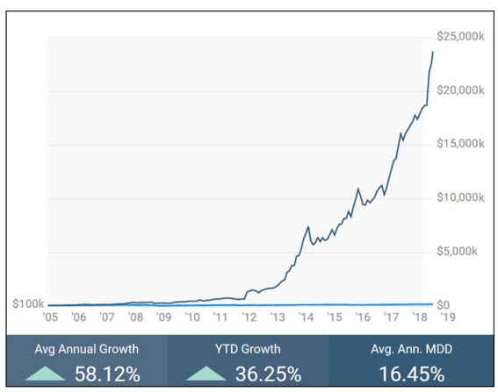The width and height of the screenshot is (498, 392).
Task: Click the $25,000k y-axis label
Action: (460, 37)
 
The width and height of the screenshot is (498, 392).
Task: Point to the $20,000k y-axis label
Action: (460, 90)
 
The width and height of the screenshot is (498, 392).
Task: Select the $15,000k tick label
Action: (460, 144)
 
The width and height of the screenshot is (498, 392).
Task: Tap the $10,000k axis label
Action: (460, 197)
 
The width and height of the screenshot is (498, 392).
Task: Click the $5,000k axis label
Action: (457, 251)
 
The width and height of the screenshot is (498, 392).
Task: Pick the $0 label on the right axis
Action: (443, 305)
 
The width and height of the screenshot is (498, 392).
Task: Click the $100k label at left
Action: (28, 303)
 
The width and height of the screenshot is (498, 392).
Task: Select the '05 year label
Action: (50, 317)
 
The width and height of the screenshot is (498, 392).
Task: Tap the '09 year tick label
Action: (164, 317)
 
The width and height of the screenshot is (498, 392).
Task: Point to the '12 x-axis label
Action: (249, 317)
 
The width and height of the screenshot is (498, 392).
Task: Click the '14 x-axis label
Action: (306, 317)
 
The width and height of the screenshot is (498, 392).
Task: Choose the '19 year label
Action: (448, 317)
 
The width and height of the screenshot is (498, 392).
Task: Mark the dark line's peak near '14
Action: (308, 227)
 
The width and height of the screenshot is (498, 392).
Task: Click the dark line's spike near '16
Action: (358, 189)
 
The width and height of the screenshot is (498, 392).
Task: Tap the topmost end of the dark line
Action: (433, 52)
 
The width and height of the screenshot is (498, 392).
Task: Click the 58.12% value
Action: (107, 374)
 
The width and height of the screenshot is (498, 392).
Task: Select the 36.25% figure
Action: (269, 374)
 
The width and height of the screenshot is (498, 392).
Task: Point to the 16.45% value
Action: (412, 374)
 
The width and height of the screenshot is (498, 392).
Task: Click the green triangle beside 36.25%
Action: (206, 374)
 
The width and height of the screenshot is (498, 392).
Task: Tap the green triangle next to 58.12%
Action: (45, 374)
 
